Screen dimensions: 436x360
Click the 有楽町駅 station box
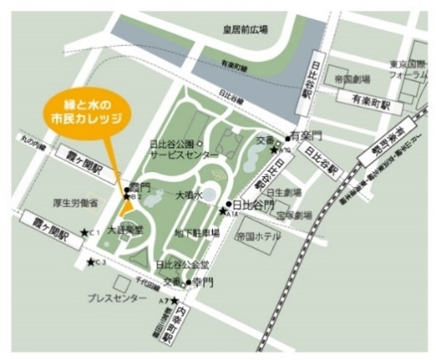pos(370,105)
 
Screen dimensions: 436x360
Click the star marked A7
pos(174,300)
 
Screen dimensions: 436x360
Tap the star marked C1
pos(84,233)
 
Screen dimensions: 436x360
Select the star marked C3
pos(90,261)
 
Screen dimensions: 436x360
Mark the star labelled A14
pos(222,211)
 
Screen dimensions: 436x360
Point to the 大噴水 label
pos(190,195)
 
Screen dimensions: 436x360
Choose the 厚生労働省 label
pos(75,203)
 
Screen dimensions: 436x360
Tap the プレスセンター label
pos(116,298)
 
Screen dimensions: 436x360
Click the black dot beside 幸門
pos(188,281)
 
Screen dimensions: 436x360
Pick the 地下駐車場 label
pos(196,233)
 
